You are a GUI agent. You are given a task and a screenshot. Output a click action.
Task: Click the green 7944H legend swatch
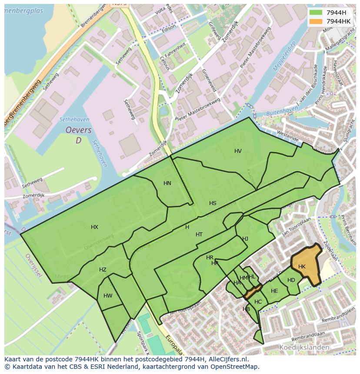316,13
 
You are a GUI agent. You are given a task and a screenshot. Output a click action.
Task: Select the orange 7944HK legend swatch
316,21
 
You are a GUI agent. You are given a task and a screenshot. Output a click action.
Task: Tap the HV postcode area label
238,151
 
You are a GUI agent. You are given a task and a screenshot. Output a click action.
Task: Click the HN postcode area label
167,183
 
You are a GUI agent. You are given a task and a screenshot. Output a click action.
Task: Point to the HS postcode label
213,203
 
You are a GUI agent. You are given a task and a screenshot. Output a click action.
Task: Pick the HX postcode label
95,227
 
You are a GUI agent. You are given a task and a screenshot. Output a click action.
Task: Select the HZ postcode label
103,270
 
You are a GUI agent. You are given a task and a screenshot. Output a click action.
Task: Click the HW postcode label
108,296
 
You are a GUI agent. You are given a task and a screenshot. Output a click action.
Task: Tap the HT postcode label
199,235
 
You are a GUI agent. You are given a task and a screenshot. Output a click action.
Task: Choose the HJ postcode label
245,239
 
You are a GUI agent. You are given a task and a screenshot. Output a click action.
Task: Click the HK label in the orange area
302,267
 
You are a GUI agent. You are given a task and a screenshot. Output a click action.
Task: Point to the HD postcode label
291,280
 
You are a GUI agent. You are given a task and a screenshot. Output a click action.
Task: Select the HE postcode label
274,291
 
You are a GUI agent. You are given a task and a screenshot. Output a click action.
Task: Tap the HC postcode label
258,302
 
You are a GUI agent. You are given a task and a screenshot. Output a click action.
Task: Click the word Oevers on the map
78,130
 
